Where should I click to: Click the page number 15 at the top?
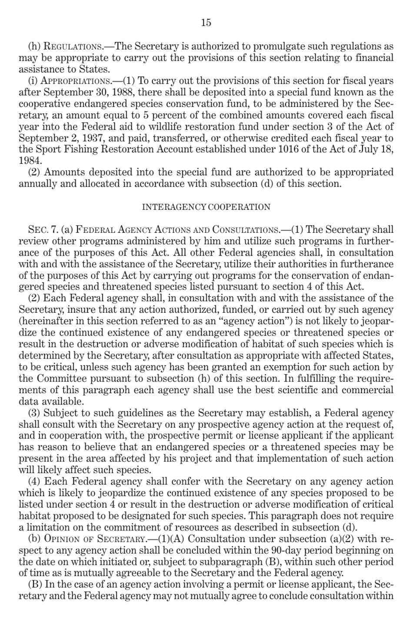tap(206, 23)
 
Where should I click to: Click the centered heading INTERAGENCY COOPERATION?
tap(206, 207)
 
